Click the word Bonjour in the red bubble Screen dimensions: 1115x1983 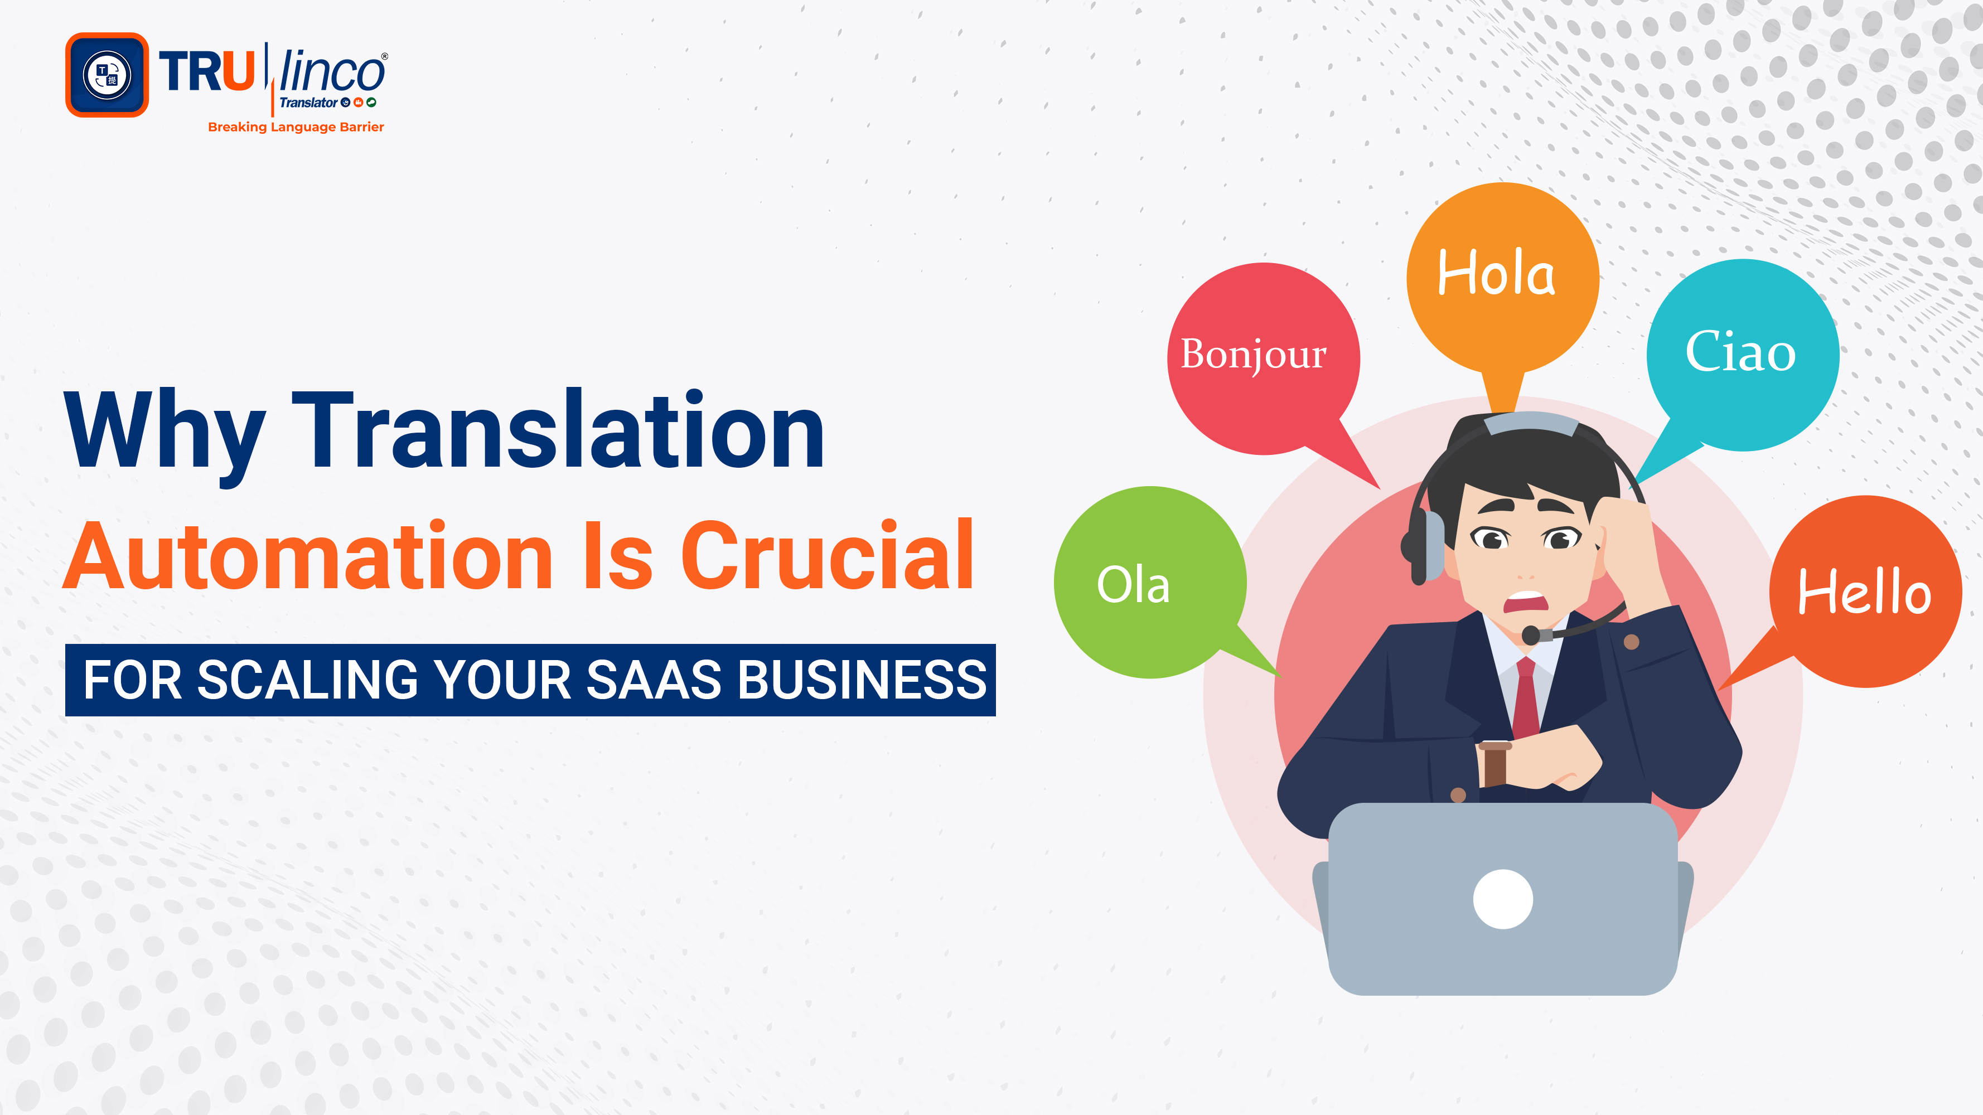[1253, 354]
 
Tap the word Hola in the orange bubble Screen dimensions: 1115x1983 [1496, 273]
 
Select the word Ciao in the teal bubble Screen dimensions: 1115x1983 [1740, 352]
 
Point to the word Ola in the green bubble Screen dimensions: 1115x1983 [1133, 585]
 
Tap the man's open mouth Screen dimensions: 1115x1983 [1526, 602]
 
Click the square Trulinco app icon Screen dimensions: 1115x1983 [107, 75]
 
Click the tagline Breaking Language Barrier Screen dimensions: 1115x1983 [296, 127]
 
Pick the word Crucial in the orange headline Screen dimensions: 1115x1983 [828, 556]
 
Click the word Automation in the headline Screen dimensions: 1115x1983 [308, 556]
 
